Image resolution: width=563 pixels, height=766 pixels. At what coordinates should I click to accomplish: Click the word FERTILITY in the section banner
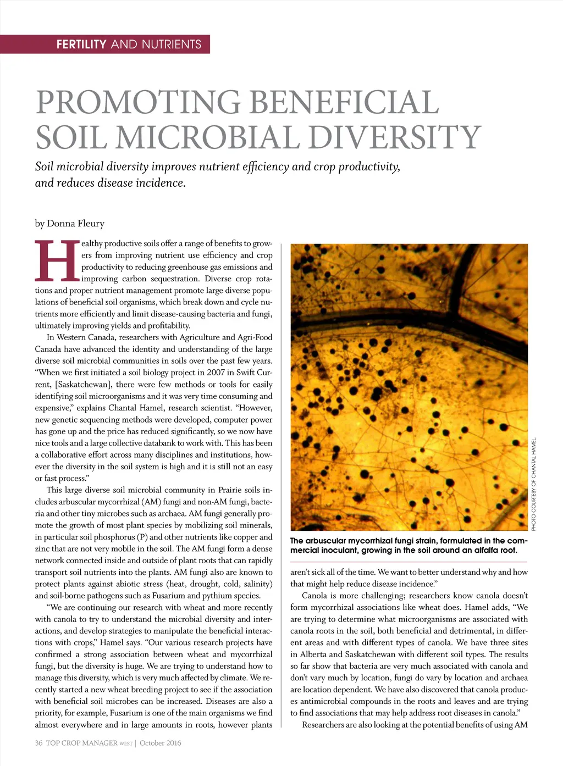[x=81, y=45]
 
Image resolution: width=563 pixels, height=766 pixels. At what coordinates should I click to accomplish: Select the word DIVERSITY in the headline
[x=394, y=137]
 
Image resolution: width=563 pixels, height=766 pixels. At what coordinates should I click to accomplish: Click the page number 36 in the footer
[x=38, y=743]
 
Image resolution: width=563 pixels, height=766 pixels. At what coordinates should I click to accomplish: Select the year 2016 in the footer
[x=172, y=743]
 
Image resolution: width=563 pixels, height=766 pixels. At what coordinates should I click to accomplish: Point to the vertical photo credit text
[x=533, y=484]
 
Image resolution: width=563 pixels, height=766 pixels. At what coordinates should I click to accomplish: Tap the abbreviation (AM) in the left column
[x=150, y=502]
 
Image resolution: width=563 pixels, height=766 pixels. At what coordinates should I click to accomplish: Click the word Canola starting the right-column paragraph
[x=315, y=596]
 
